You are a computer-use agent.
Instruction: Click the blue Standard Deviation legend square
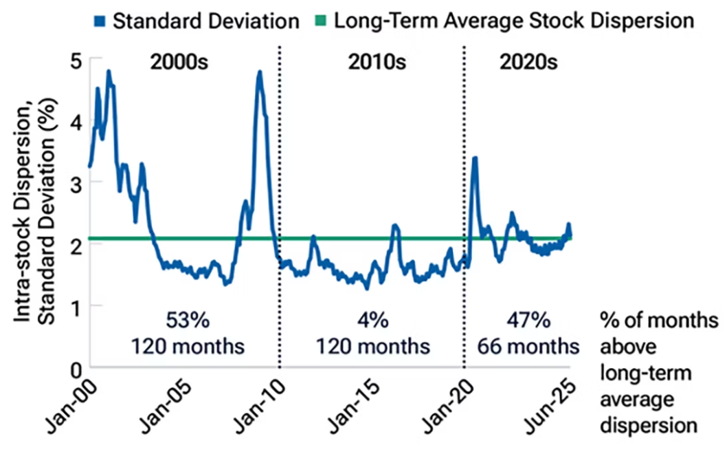[100, 21]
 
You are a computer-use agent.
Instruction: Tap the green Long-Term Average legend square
[320, 21]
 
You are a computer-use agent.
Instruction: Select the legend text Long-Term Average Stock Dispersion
[514, 21]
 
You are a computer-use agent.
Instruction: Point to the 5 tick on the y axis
[76, 61]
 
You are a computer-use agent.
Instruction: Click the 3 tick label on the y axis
[76, 184]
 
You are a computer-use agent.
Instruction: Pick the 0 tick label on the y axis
[76, 370]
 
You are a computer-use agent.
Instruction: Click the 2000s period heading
[179, 62]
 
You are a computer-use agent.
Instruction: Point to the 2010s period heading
[377, 62]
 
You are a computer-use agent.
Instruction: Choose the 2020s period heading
[528, 62]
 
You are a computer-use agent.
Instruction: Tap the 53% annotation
[188, 321]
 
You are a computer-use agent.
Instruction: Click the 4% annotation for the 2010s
[373, 321]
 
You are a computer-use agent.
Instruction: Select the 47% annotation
[528, 321]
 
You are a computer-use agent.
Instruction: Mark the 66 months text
[528, 347]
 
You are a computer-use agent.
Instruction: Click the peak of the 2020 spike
[475, 158]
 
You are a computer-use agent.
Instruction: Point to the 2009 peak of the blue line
[260, 72]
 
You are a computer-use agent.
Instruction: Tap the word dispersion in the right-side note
[649, 426]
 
